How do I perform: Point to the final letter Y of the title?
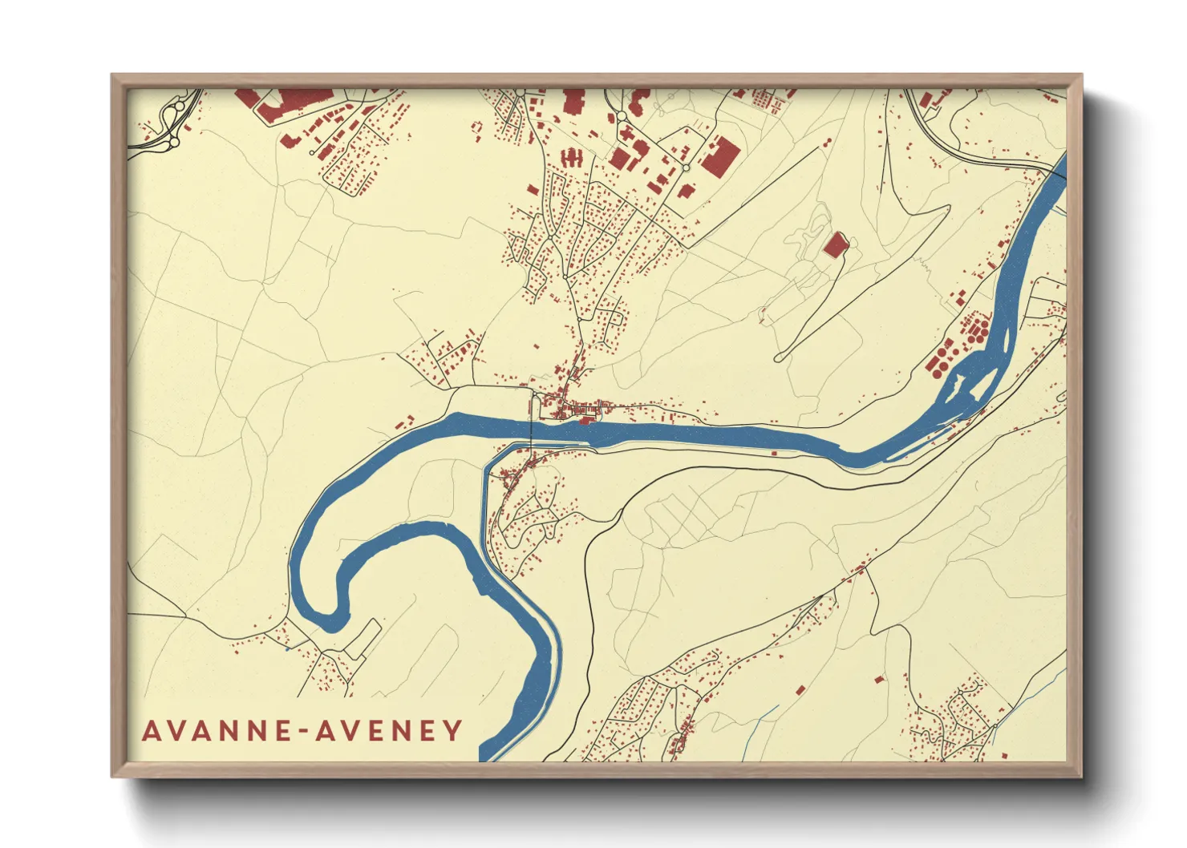point(455,731)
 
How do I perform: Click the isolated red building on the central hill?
point(836,244)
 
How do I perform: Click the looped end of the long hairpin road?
point(780,357)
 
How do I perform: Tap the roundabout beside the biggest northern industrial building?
point(686,168)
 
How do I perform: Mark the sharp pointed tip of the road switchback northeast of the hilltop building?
point(950,207)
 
